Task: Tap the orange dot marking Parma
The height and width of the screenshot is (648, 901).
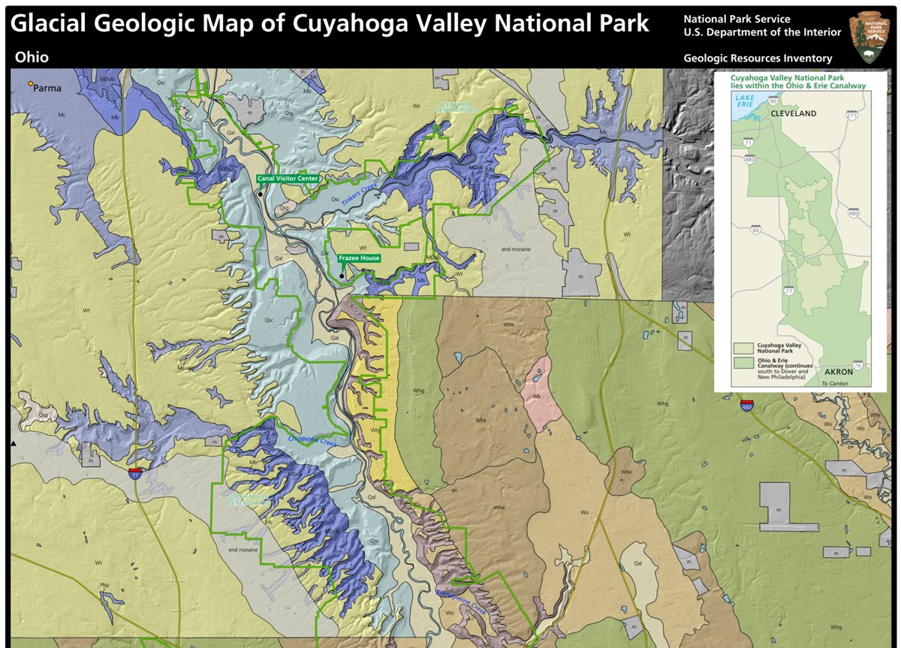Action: (31, 84)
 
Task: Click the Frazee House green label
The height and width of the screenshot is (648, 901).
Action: (359, 258)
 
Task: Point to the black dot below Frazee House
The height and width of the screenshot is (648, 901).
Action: (341, 276)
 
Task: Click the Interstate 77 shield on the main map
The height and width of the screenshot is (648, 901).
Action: (134, 475)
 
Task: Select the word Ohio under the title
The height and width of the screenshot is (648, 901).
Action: (32, 58)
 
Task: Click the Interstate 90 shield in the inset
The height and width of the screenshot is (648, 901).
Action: (773, 101)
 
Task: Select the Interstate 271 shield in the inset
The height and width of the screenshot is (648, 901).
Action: (851, 116)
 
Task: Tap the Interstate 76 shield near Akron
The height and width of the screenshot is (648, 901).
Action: (857, 365)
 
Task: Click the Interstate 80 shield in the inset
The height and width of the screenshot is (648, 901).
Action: (755, 229)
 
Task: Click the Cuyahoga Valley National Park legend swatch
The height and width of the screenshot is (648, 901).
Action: (744, 348)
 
